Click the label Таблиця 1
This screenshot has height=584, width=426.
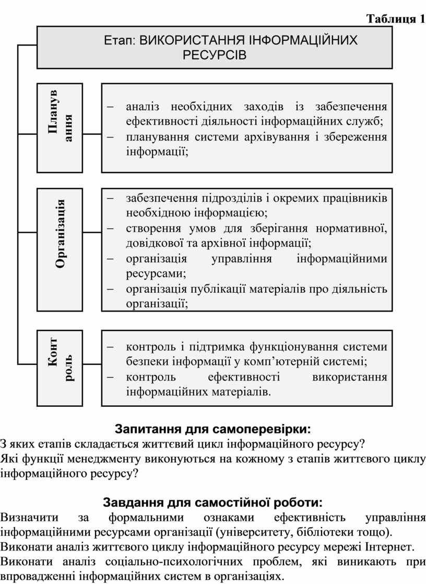coord(396,19)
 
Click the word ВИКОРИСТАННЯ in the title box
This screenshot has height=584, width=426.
coord(192,40)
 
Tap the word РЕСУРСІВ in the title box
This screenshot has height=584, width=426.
coord(215,55)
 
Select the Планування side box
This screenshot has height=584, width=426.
coord(60,128)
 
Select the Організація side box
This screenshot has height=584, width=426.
coord(60,249)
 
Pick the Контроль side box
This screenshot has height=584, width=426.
coord(60,368)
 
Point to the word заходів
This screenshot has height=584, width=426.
coord(264,107)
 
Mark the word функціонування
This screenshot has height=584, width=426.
coord(293,347)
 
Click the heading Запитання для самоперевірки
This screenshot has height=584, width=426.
coord(212,429)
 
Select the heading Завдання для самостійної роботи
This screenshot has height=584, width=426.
coord(212,503)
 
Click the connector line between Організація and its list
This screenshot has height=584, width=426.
coord(92,233)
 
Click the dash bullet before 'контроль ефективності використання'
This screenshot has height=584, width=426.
coord(111,377)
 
